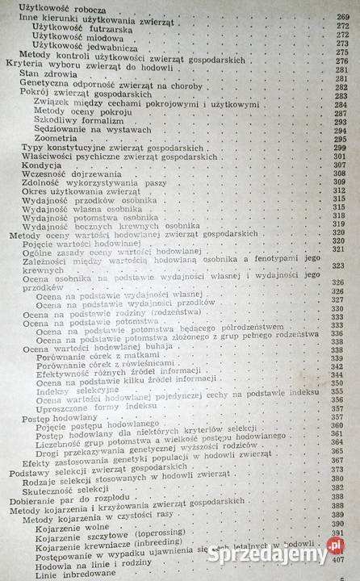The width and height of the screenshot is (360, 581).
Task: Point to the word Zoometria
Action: (58, 138)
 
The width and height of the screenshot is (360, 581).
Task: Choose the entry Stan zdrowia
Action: (40, 73)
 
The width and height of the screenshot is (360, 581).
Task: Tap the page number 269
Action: (343, 15)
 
